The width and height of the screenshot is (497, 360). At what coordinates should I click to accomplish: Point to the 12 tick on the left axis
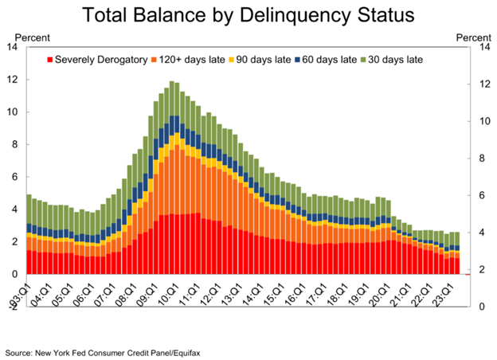pos(12,80)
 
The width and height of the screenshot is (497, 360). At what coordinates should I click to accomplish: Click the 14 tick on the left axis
pos(12,47)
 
